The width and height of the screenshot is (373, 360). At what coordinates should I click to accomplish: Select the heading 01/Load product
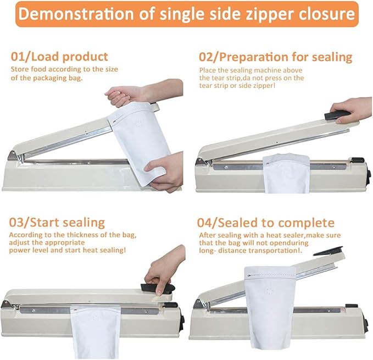coord(59,57)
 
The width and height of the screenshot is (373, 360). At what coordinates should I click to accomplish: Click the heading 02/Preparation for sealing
coord(274,57)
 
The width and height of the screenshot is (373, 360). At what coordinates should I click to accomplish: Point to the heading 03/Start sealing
coord(57,223)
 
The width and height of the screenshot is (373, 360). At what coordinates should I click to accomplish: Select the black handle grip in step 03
coord(159,287)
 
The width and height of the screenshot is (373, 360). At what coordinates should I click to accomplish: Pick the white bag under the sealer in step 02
coord(284,173)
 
